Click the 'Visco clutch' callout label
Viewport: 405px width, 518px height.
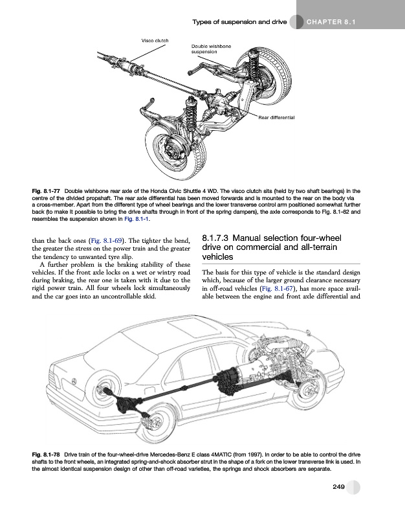tap(155, 41)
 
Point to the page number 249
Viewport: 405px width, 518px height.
tap(334, 487)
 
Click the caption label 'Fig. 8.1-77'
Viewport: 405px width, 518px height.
tap(47, 191)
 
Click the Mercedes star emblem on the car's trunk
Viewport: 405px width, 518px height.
tap(74, 381)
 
